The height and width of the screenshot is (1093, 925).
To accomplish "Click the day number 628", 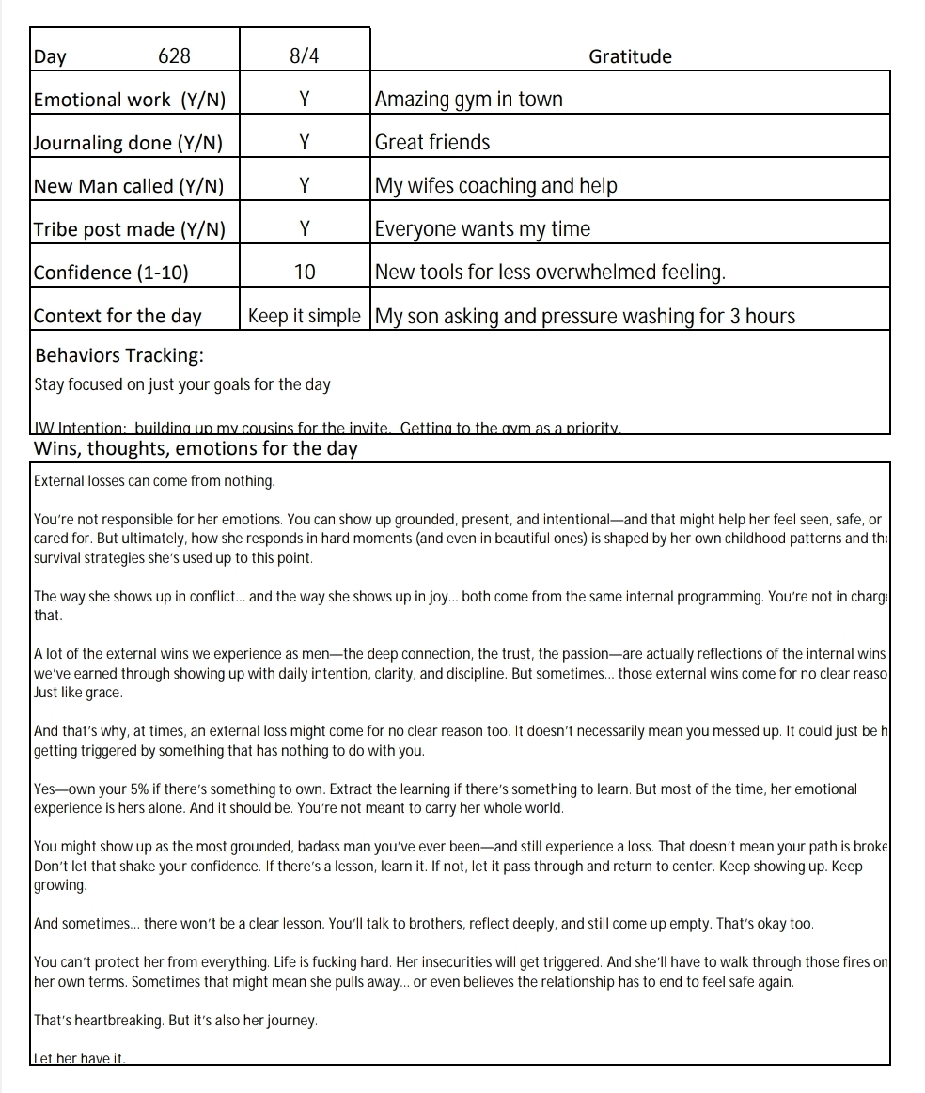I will point(174,56).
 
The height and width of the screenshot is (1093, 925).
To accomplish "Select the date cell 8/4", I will point(305,56).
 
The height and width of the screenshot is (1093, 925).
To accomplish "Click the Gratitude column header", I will point(630,56).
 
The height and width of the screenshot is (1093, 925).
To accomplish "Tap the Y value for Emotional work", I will point(305,100).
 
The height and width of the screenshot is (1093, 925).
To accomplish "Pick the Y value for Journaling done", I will point(305,143).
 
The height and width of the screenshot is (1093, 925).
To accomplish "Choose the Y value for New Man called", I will point(305,186).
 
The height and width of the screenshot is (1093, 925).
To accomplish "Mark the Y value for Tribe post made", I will point(305,229).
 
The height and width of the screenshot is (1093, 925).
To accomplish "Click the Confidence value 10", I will point(305,273).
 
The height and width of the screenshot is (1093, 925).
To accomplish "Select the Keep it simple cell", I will point(305,316).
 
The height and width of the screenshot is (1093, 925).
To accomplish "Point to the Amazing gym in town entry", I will point(468,100).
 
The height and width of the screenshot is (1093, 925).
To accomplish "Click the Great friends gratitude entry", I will point(432,143).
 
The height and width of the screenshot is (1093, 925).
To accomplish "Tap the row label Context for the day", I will point(118,316).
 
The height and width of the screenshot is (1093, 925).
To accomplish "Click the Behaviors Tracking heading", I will point(119,356).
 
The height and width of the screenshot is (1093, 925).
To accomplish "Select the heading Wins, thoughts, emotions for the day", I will point(196,448).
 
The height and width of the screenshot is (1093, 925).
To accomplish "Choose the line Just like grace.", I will point(78,693).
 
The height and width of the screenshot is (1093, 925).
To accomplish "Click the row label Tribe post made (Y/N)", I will point(130,229).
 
